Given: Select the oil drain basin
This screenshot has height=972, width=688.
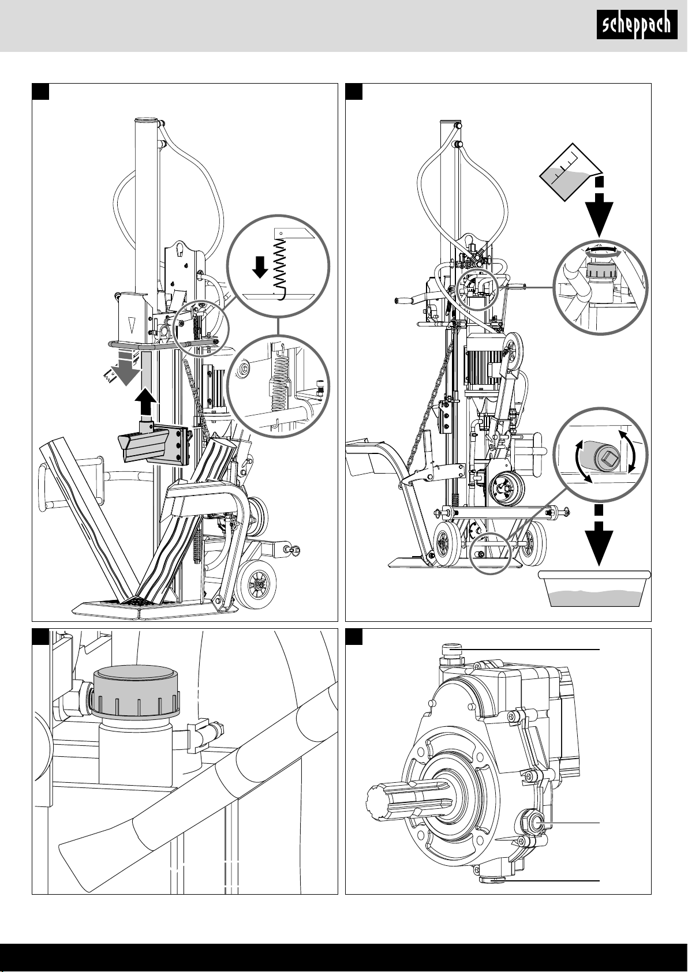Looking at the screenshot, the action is pos(594,588).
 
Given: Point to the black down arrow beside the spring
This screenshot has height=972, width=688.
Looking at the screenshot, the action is pos(260,267).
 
